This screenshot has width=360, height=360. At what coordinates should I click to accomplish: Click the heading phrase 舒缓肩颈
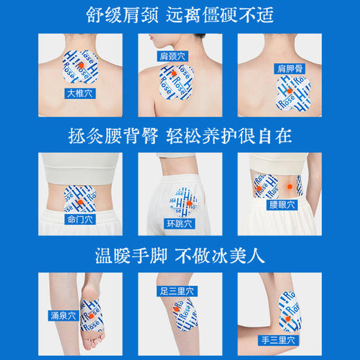coord(120,15)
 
